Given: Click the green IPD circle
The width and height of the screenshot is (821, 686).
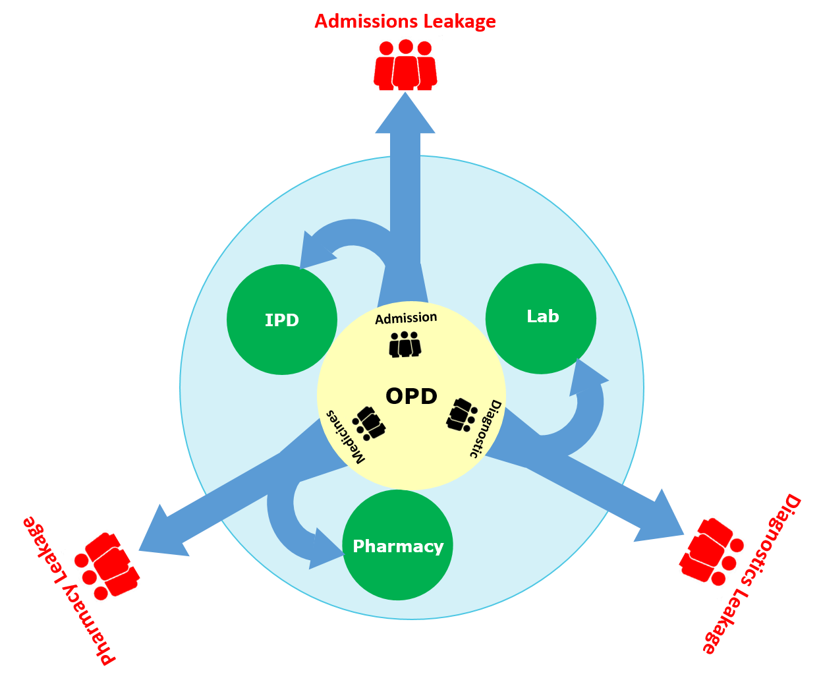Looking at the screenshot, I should tap(282, 320).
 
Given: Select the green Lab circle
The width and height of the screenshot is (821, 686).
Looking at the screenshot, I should tap(541, 318).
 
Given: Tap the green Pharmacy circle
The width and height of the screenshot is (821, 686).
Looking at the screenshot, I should tap(398, 545).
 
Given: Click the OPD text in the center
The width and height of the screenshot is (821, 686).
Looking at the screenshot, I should tap(411, 396).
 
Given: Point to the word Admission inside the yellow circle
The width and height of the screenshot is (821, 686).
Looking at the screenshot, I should tap(406, 318).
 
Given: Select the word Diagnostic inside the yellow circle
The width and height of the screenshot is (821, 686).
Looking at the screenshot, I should tap(486, 428).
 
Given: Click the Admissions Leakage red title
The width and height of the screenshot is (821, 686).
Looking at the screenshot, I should tap(405, 21).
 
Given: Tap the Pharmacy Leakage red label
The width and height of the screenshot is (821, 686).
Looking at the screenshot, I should tap(69, 590).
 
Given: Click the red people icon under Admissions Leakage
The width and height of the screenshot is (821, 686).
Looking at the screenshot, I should tap(405, 65).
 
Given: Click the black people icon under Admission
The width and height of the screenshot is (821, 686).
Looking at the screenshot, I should tap(405, 345).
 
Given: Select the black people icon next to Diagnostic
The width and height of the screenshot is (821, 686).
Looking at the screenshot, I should tap(461, 414).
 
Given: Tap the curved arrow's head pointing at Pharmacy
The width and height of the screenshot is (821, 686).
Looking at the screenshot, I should tap(325, 548).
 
